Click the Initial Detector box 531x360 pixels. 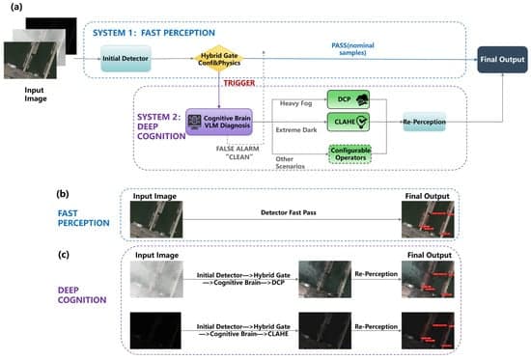coord(129,59)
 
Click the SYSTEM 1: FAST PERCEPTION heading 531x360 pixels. coord(151,31)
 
